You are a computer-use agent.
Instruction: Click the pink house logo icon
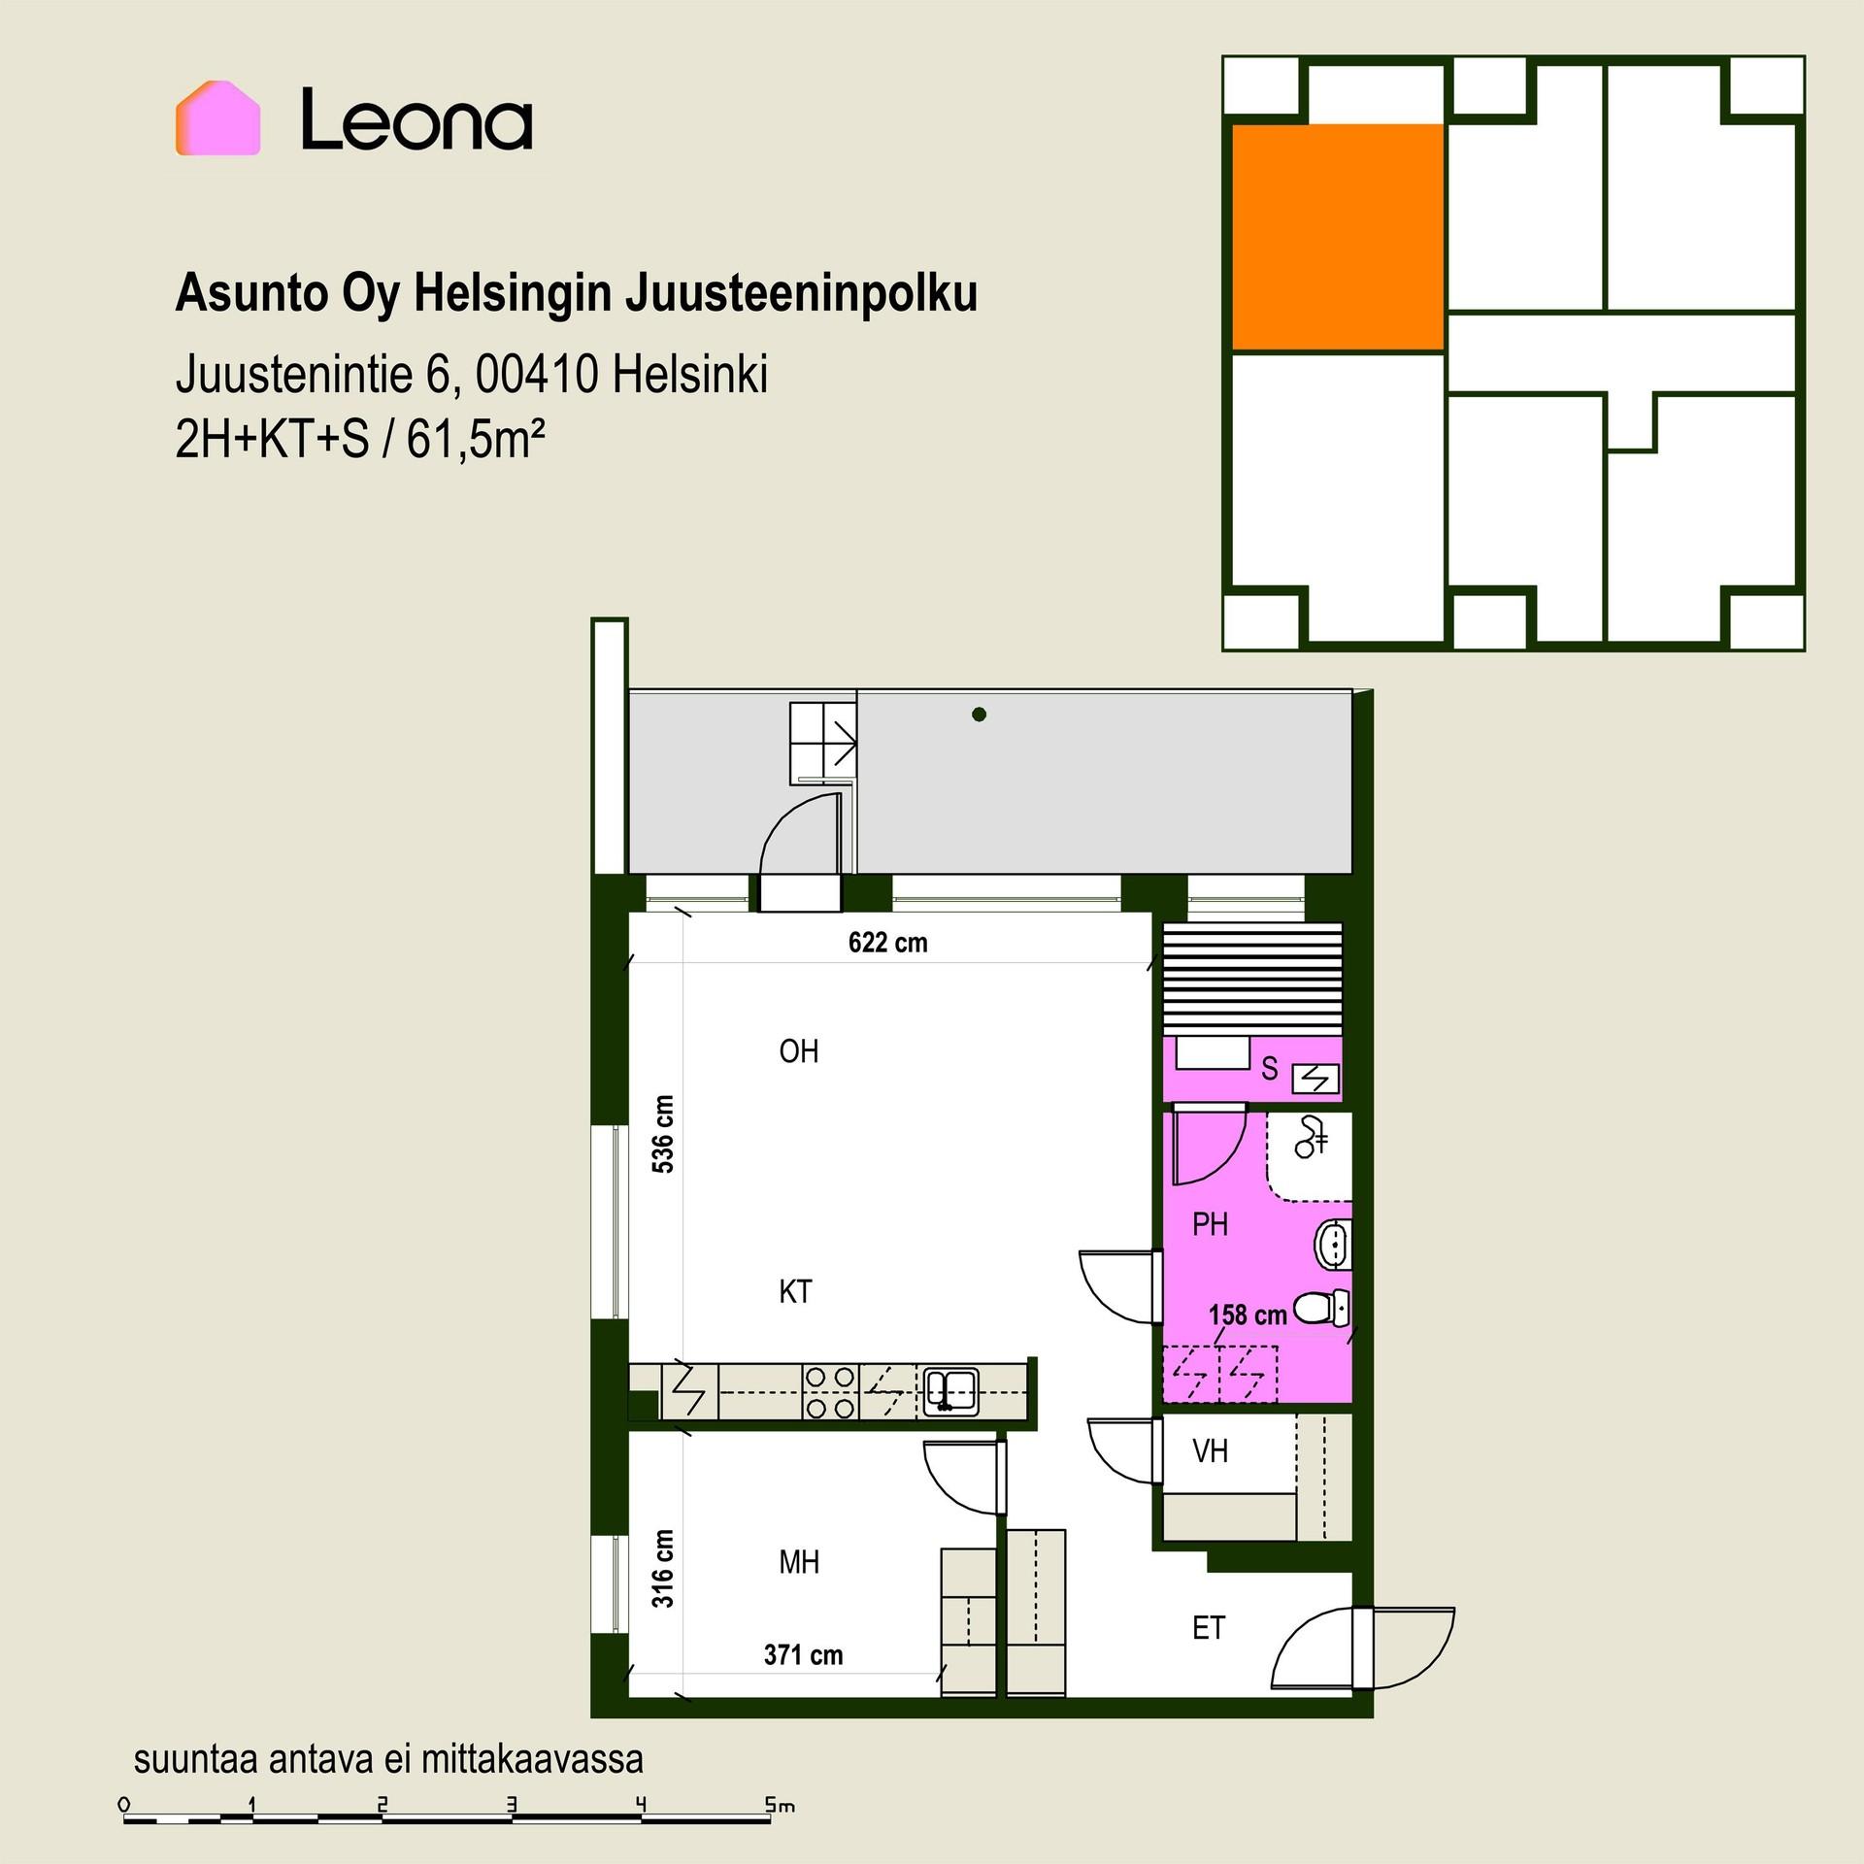point(217,118)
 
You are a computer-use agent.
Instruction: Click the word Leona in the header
point(416,118)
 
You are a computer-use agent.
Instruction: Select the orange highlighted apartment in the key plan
point(1337,237)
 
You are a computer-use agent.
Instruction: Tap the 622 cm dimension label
point(887,943)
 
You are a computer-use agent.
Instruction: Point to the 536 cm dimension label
point(663,1134)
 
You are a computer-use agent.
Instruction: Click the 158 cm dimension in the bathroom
point(1248,1315)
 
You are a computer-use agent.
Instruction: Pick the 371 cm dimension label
point(803,1655)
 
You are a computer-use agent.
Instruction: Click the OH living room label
point(799,1051)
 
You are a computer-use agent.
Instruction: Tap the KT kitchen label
point(795,1292)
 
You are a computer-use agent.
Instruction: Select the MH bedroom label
point(799,1562)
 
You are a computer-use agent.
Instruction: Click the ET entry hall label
point(1209,1628)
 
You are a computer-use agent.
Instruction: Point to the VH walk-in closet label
point(1210,1451)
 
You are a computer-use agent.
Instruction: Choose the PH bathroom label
point(1210,1225)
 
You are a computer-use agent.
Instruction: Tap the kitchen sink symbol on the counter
point(949,1391)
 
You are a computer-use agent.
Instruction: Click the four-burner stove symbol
point(830,1392)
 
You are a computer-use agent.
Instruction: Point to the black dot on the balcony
point(979,715)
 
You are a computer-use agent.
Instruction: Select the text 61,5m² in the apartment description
point(475,441)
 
